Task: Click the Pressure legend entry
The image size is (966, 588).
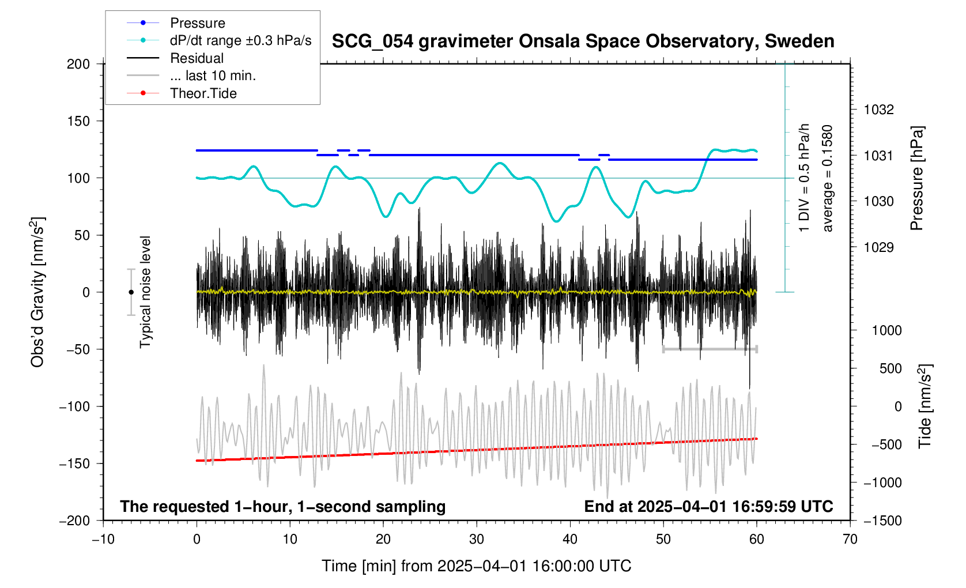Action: tap(197, 23)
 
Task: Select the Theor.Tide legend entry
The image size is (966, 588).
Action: tap(203, 93)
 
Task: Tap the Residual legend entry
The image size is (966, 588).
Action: tap(197, 58)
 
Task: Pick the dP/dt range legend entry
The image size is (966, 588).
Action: tap(240, 40)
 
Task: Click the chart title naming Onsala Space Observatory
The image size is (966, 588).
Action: tap(583, 42)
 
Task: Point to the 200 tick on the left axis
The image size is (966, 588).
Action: tap(78, 64)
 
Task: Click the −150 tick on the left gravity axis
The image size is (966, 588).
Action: tap(75, 463)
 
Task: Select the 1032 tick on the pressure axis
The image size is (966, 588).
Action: tap(878, 110)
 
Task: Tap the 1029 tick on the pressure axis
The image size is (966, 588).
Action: tap(878, 247)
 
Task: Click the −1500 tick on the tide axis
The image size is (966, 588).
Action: tap(882, 521)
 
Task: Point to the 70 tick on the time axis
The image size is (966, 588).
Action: tap(850, 540)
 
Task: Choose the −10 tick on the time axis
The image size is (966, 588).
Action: tap(103, 540)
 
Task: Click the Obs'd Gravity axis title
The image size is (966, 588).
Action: tap(37, 292)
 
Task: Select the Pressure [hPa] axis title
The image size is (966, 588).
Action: tap(916, 179)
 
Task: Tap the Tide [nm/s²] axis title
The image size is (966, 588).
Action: tap(925, 406)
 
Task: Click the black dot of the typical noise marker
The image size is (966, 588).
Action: tap(131, 292)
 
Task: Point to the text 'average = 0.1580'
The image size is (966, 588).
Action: tap(828, 179)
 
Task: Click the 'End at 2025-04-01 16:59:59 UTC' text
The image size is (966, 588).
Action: tap(708, 507)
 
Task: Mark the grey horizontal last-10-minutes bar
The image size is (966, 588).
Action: tap(710, 349)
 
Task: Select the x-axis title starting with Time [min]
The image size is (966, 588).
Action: tap(476, 566)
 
